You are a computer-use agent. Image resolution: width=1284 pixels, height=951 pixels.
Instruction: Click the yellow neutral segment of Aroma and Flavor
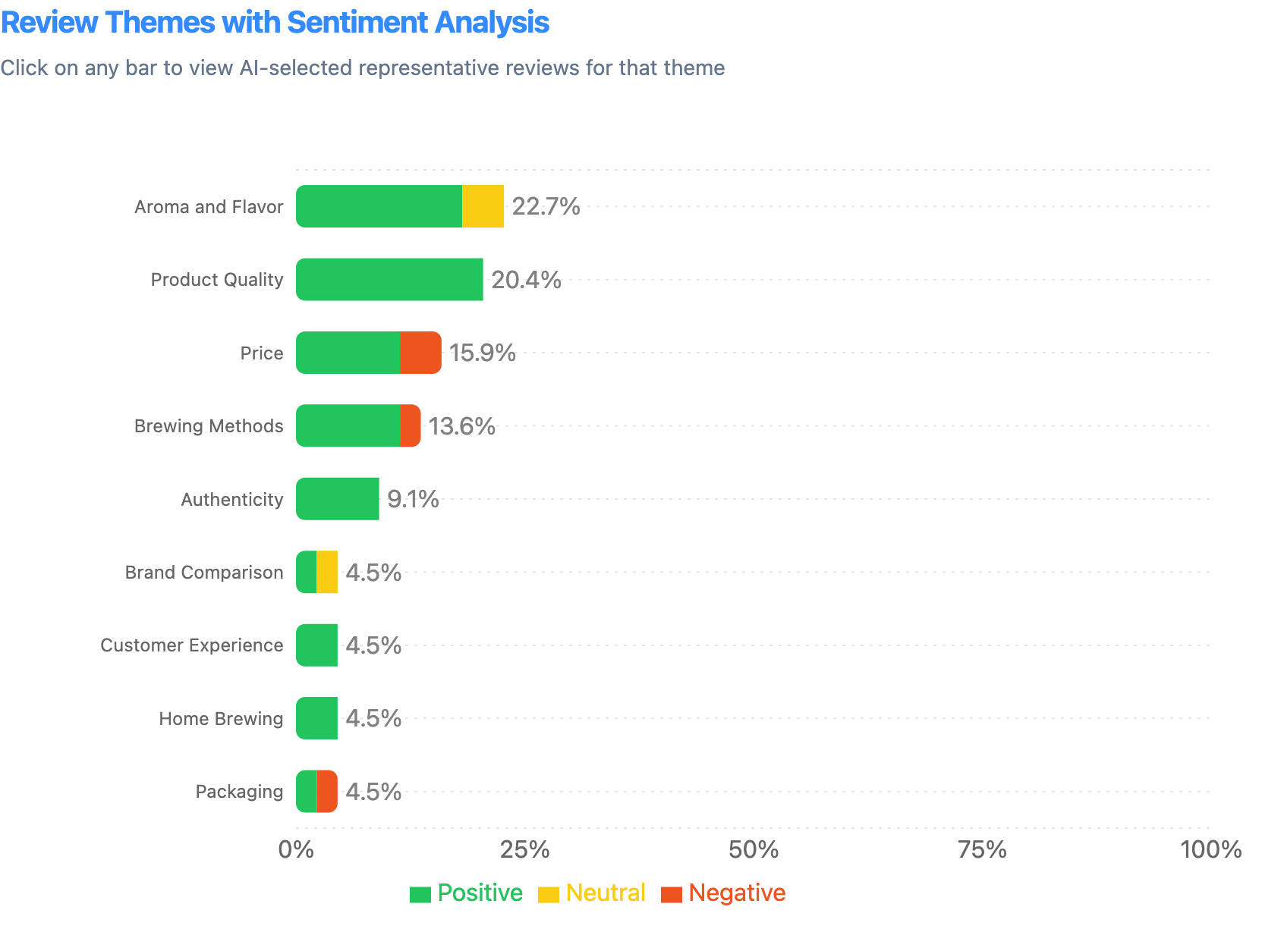click(483, 206)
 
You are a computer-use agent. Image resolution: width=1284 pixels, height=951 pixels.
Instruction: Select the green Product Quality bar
click(389, 279)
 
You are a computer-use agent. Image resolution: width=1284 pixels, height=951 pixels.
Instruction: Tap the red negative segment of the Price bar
click(420, 353)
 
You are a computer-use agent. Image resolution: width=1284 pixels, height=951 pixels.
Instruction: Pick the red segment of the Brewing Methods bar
click(410, 425)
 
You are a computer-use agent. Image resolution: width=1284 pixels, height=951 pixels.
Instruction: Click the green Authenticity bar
click(337, 499)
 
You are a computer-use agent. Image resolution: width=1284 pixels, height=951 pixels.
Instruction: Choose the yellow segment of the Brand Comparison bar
click(327, 572)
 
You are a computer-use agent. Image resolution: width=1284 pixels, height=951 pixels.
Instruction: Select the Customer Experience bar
click(316, 645)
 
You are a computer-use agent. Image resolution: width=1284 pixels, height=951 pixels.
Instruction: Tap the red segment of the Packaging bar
click(327, 791)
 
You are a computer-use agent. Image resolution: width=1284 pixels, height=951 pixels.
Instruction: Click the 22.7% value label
click(546, 206)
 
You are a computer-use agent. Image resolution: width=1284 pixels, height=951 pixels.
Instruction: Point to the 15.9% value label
click(482, 353)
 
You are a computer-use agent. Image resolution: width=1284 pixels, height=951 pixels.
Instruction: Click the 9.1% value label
click(413, 499)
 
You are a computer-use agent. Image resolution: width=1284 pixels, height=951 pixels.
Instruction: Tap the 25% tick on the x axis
click(526, 849)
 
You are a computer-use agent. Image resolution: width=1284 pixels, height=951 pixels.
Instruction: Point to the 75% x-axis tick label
click(982, 849)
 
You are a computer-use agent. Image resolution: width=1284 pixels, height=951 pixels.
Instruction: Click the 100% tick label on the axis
click(1210, 849)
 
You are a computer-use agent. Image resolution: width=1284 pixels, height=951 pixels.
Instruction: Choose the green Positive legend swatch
click(420, 894)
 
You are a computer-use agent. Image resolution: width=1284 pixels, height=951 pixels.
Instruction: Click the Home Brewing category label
click(221, 718)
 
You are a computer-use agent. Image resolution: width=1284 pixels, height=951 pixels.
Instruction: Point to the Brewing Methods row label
click(209, 426)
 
